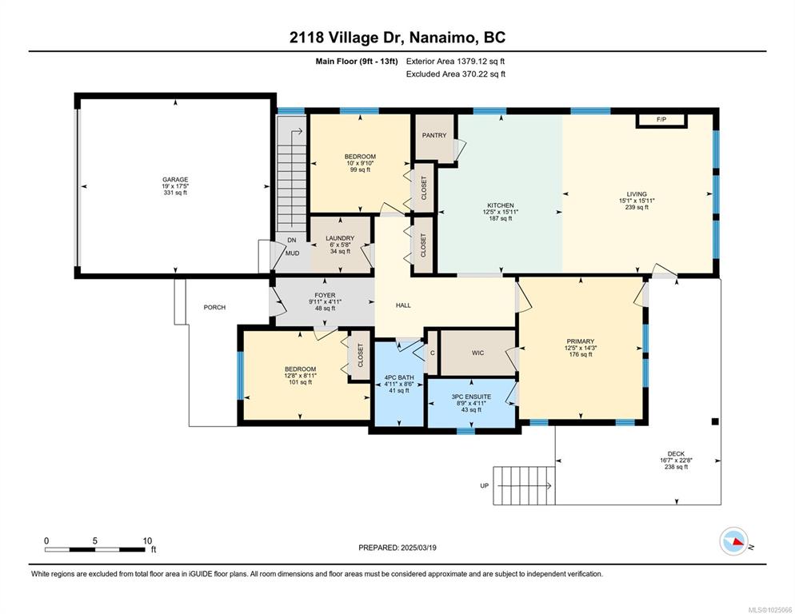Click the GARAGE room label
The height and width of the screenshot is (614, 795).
coord(175,180)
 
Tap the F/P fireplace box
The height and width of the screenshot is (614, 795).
coord(661,120)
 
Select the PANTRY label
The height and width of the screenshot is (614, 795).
coord(434,135)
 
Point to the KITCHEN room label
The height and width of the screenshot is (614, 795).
coord(501,205)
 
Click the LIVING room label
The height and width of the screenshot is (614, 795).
coord(637,193)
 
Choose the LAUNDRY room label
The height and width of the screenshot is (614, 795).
coord(340,238)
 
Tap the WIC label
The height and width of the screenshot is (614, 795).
coord(477,353)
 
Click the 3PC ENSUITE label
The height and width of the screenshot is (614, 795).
coord(471,397)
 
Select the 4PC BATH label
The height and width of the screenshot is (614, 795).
coord(399,377)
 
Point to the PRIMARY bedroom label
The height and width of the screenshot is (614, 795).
coord(581,341)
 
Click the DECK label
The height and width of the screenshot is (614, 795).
coord(676,454)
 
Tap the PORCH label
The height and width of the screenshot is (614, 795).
coord(214,307)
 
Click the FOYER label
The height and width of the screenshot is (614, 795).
coord(325,295)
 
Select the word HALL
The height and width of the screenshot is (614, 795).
coord(403,305)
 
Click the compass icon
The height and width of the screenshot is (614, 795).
coord(734,541)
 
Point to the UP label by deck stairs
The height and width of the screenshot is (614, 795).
coord(484,486)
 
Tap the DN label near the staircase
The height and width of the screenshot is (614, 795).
coord(292,241)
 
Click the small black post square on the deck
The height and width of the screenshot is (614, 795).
coord(715,421)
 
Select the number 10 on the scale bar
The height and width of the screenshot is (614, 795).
coord(147,540)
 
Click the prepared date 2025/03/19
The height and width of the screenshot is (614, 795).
coord(418,548)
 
